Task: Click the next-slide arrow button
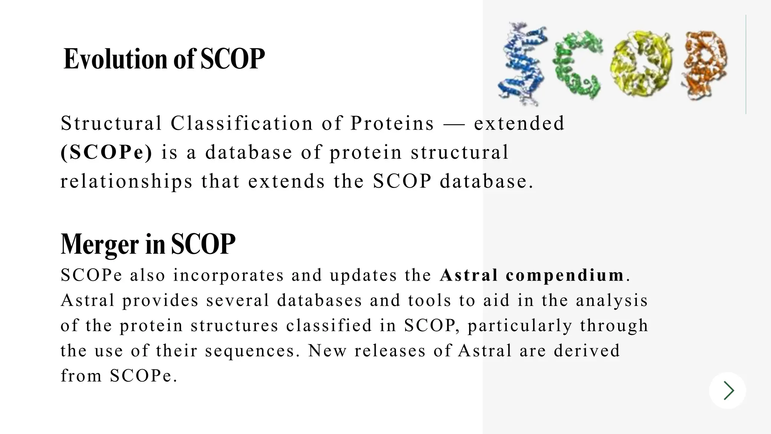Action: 727,390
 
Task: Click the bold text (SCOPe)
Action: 107,152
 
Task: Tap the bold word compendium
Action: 565,275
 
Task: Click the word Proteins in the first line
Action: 392,123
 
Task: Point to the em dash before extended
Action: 454,124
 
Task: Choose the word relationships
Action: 126,181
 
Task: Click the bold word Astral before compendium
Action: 469,275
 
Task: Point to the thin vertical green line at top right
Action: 746,64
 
